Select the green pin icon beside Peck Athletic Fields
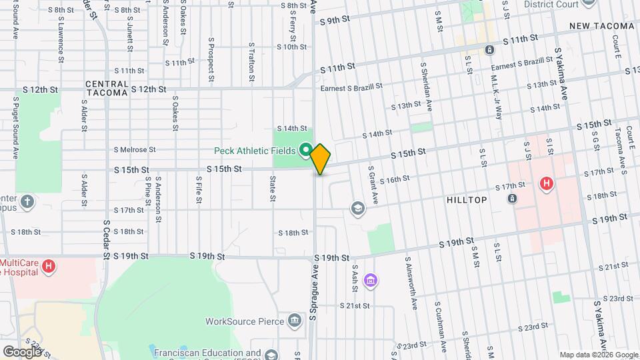point(305,149)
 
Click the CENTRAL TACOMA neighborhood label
point(106,89)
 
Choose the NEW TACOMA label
point(601,26)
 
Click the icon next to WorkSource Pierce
point(294,321)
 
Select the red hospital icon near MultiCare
point(48,267)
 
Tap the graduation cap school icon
point(358,209)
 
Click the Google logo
point(21,351)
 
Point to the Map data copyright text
point(598,355)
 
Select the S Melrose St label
point(134,150)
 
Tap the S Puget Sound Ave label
point(15,127)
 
